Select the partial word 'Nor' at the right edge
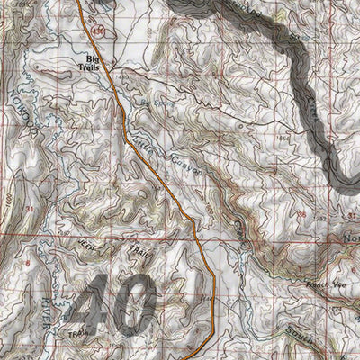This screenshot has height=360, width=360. (x=351, y=239)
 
